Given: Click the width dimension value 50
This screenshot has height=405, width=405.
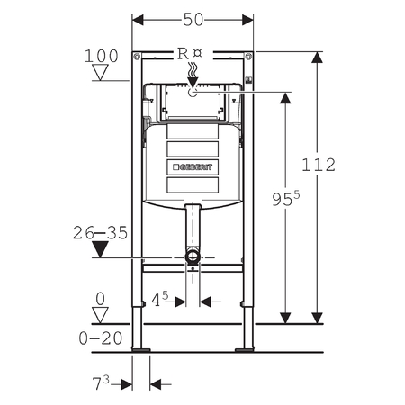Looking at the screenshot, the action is pyautogui.click(x=193, y=20).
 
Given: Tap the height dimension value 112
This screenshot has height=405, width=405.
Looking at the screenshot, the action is pyautogui.click(x=319, y=165).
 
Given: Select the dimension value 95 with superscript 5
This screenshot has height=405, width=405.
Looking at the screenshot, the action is pyautogui.click(x=286, y=199).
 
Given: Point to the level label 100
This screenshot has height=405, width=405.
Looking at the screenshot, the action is pyautogui.click(x=102, y=56).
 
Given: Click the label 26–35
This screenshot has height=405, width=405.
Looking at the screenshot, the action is pyautogui.click(x=100, y=233).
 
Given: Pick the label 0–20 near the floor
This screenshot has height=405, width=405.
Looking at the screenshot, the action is pyautogui.click(x=101, y=338).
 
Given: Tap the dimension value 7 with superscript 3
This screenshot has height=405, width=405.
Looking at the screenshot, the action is pyautogui.click(x=101, y=382).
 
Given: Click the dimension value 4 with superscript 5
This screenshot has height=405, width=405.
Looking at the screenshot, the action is pyautogui.click(x=160, y=299).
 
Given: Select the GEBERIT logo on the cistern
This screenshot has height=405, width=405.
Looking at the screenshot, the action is pyautogui.click(x=193, y=167).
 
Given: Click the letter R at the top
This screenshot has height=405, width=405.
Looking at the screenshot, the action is pyautogui.click(x=183, y=54).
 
